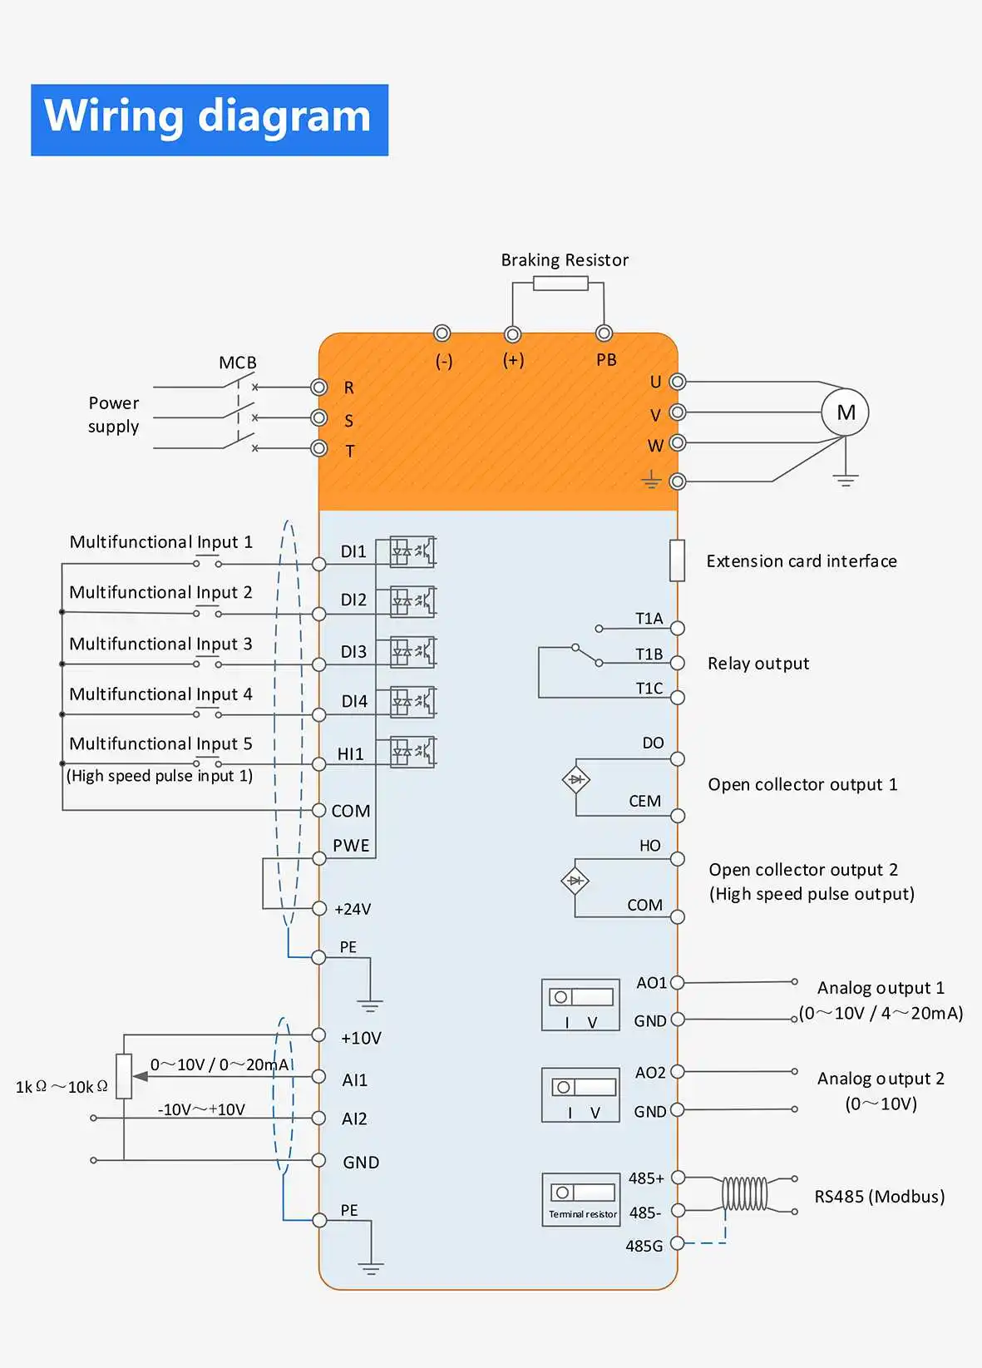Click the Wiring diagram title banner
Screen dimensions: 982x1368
(210, 120)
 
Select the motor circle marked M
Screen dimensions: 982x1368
(845, 412)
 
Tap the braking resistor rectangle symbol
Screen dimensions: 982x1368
(560, 284)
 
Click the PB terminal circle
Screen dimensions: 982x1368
(604, 333)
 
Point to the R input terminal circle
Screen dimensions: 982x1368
(318, 388)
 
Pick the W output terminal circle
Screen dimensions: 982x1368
(678, 442)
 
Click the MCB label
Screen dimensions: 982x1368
(238, 363)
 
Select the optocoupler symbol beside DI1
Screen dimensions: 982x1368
(412, 552)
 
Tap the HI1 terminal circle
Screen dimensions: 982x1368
(318, 764)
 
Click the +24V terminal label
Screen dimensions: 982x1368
(353, 909)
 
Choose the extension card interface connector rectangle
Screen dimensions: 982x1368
(678, 560)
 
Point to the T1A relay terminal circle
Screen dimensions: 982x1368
(678, 629)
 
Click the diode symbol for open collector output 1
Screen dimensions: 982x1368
(576, 779)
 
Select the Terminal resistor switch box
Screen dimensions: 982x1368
(581, 1199)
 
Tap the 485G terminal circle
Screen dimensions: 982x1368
(678, 1242)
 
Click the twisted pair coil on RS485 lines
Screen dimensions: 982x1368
(744, 1193)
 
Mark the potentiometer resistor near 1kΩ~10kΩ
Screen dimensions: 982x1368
(124, 1076)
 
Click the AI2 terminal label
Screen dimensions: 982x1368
(355, 1119)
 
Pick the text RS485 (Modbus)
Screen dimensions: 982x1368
(880, 1197)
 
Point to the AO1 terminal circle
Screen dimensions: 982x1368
(678, 983)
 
